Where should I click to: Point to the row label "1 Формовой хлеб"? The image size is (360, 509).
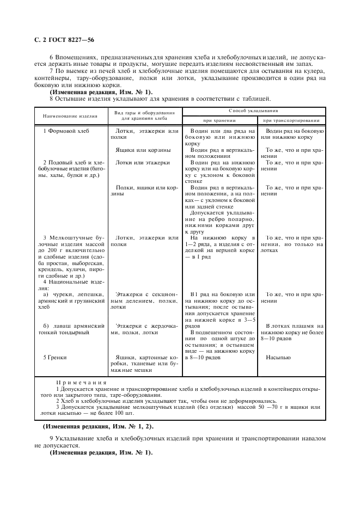coord(66,132)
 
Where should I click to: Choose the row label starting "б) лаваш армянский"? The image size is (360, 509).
coord(70,329)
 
